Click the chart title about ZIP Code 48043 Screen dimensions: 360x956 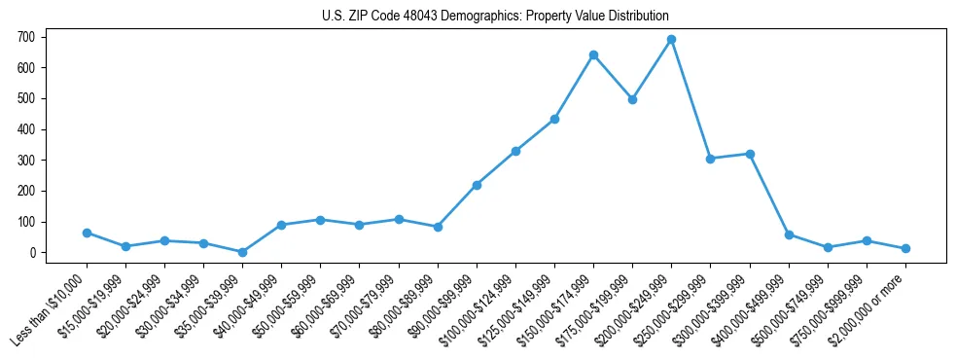(x=495, y=17)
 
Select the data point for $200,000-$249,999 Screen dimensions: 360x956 (x=671, y=40)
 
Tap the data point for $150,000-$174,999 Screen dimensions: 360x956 (x=593, y=54)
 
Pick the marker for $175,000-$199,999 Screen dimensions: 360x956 (x=632, y=99)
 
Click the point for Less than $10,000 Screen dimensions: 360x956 (x=87, y=233)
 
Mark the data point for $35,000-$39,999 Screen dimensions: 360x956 (x=242, y=252)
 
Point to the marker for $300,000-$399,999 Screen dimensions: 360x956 (x=750, y=154)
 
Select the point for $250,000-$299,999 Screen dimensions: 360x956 (x=711, y=159)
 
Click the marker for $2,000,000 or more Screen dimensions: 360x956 (x=905, y=248)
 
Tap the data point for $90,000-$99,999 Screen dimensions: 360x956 (x=477, y=185)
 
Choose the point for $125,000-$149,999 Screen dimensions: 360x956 (x=554, y=119)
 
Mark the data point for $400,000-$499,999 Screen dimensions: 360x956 (x=789, y=234)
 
